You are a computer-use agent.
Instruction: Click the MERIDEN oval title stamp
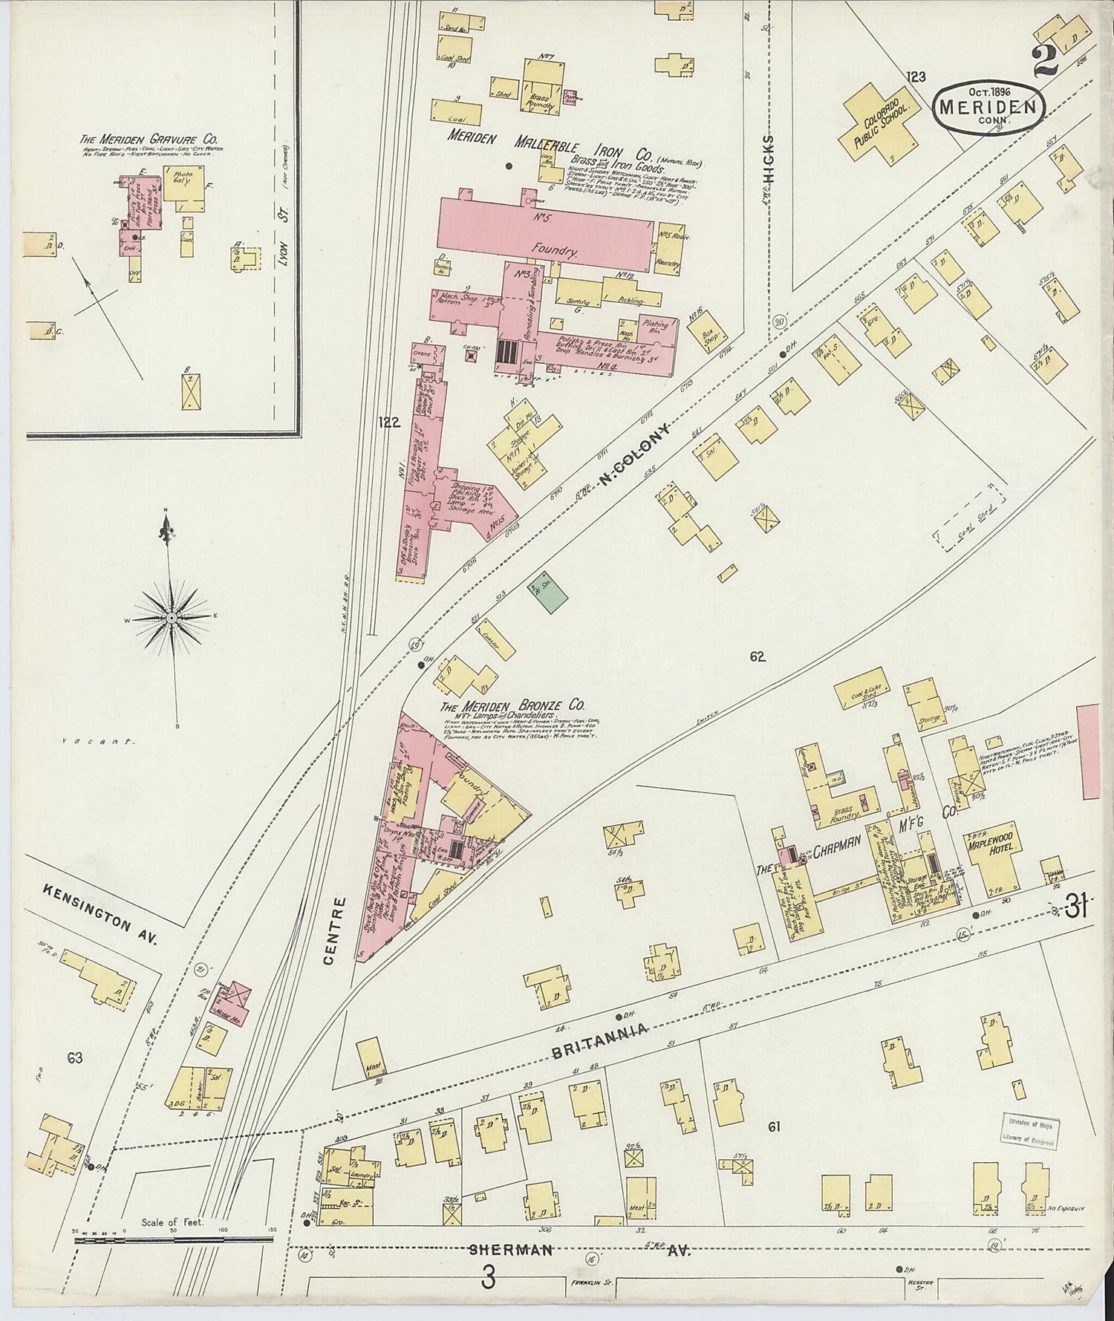[x=988, y=107]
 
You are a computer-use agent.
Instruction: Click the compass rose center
[x=172, y=617]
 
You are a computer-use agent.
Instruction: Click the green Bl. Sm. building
[x=548, y=591]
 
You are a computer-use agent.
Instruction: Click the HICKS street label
[x=767, y=159]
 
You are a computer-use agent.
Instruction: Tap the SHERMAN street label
[x=511, y=1250]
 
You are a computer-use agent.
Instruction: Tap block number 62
[x=757, y=656]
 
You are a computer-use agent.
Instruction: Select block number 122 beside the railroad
[x=388, y=423]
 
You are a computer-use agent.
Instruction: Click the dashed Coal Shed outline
[x=968, y=518]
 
